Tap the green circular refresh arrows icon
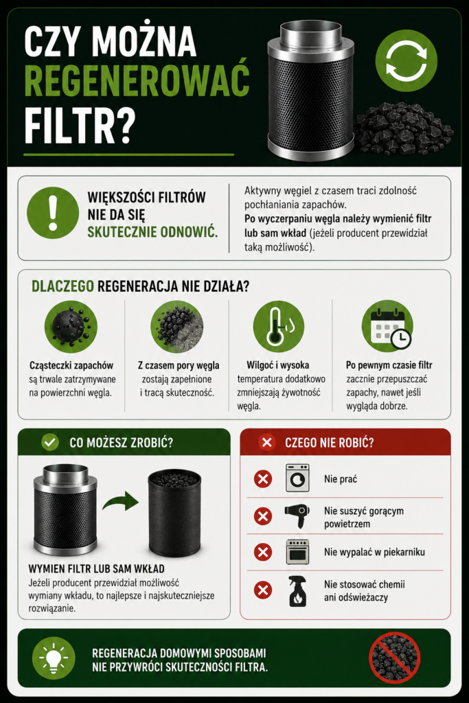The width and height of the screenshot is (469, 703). pyautogui.click(x=406, y=61)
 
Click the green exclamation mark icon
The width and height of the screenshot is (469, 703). pyautogui.click(x=53, y=213)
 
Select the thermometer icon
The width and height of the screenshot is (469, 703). pyautogui.click(x=278, y=326)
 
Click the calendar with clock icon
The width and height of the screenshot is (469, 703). pyautogui.click(x=387, y=326)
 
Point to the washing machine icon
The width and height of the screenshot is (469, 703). pyautogui.click(x=297, y=479)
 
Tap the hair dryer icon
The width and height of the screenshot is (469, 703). pyautogui.click(x=297, y=516)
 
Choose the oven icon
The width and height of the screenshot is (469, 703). pyautogui.click(x=298, y=552)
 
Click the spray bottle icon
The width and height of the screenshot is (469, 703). pyautogui.click(x=298, y=591)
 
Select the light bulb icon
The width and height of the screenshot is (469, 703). pyautogui.click(x=54, y=658)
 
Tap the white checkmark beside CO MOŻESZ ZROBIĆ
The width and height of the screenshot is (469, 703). pyautogui.click(x=49, y=443)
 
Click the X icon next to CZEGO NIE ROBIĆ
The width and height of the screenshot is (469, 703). pyautogui.click(x=267, y=443)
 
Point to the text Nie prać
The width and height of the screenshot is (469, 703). pyautogui.click(x=341, y=479)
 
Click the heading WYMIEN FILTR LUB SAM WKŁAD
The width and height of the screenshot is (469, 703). pyautogui.click(x=96, y=568)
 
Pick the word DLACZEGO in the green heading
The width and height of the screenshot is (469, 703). pyautogui.click(x=62, y=286)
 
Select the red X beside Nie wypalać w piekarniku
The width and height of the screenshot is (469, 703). pyautogui.click(x=263, y=552)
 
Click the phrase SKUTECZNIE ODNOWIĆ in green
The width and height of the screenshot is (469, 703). pyautogui.click(x=152, y=232)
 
